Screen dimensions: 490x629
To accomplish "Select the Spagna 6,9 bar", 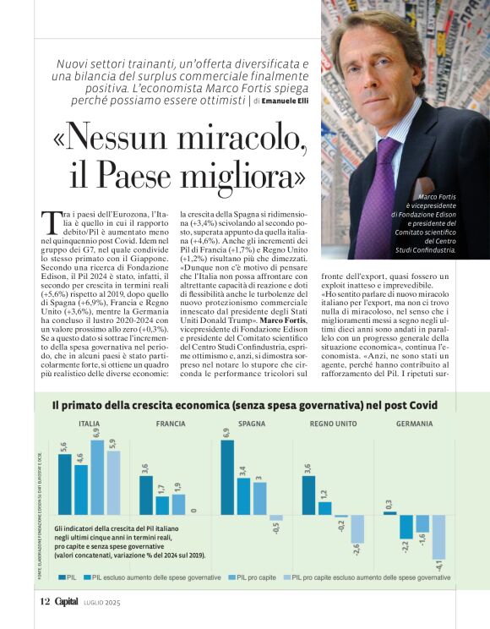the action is pyautogui.click(x=226, y=477).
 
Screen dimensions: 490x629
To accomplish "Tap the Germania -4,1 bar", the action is pyautogui.click(x=438, y=536).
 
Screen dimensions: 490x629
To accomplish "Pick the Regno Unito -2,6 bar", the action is pyautogui.click(x=357, y=529).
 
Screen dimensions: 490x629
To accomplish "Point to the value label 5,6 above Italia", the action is pyautogui.click(x=64, y=449).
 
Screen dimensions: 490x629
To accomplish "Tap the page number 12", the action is pyautogui.click(x=45, y=602).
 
